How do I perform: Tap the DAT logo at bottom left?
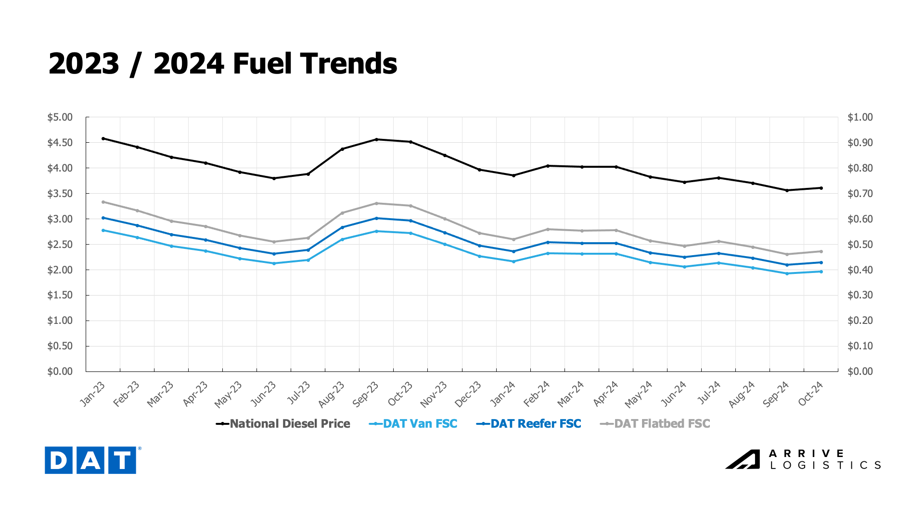coord(90,460)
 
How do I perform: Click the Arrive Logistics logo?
coord(803,459)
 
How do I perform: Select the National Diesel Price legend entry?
coord(283,424)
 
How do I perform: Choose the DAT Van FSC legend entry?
coord(413,424)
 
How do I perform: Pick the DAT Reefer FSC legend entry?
coord(529,424)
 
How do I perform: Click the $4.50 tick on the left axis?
coord(60,143)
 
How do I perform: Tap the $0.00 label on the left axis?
coord(60,371)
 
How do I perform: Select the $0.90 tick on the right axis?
coord(860,143)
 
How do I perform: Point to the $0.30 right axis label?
coord(860,295)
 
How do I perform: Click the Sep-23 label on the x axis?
coord(366,394)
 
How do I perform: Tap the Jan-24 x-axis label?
coord(503,394)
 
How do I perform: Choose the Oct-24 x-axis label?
coord(811,394)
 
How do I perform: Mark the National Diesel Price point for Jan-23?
coord(103,138)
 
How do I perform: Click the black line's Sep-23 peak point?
coord(376,139)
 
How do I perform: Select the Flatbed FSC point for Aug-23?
coord(342,213)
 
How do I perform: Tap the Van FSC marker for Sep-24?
coord(787,273)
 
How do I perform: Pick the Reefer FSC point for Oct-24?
coord(821,262)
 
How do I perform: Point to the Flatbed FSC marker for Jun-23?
coord(274,242)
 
